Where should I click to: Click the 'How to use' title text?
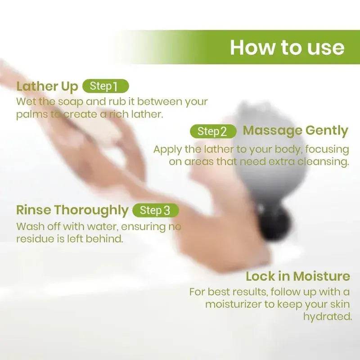click(x=287, y=48)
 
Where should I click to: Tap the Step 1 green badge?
click(x=106, y=86)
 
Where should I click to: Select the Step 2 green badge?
click(x=213, y=131)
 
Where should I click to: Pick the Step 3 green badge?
click(x=156, y=210)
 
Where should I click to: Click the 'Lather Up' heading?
click(x=47, y=86)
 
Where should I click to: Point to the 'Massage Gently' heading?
click(x=296, y=130)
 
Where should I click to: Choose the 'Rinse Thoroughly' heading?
click(x=72, y=210)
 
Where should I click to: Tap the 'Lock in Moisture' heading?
click(x=298, y=276)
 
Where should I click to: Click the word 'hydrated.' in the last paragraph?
click(x=328, y=317)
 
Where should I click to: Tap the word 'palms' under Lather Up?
click(x=32, y=115)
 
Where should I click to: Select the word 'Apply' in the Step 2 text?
click(x=167, y=150)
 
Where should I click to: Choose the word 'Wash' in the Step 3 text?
click(x=30, y=227)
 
